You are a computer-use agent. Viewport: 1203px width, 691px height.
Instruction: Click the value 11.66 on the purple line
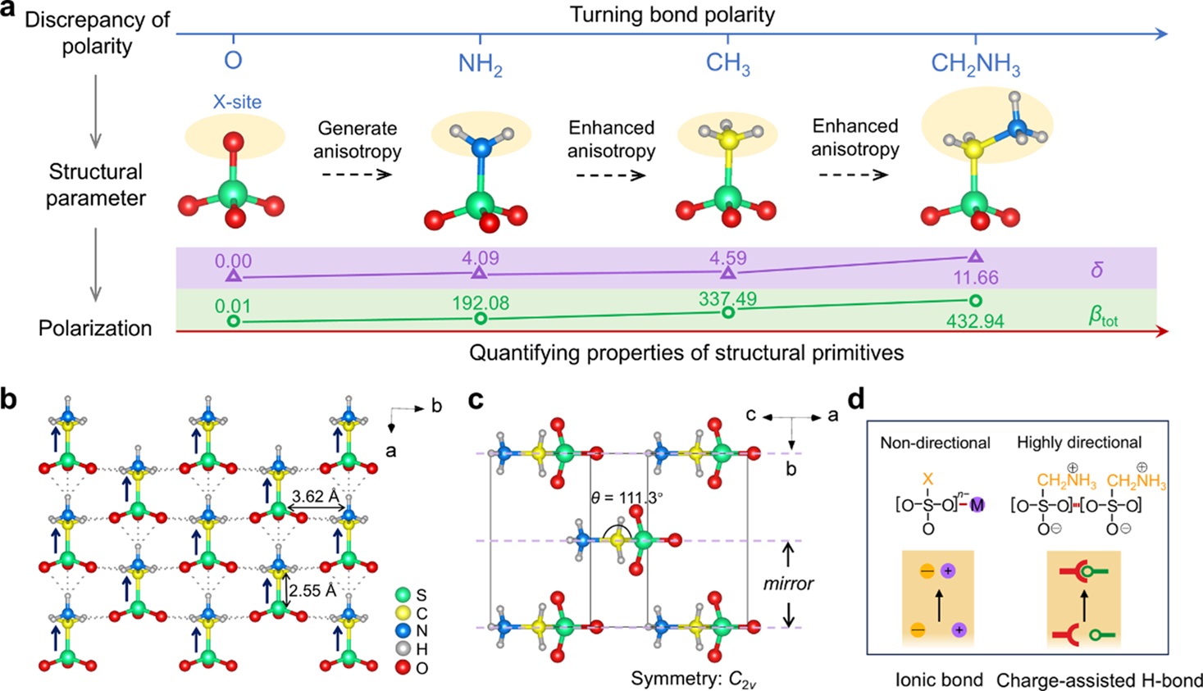click(975, 278)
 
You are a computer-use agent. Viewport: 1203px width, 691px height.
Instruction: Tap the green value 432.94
click(975, 321)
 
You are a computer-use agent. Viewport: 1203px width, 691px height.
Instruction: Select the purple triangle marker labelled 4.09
click(480, 273)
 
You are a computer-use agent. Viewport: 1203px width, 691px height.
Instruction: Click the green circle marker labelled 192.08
click(481, 318)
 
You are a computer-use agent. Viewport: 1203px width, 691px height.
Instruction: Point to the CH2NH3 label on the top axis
click(975, 64)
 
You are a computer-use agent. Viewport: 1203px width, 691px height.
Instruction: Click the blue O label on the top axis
click(233, 61)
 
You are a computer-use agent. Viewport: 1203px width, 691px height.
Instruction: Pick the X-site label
click(237, 102)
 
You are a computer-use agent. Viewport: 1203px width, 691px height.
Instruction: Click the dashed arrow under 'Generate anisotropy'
click(357, 175)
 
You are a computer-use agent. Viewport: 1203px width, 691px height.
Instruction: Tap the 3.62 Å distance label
click(315, 496)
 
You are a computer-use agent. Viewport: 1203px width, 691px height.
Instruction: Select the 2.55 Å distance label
click(312, 590)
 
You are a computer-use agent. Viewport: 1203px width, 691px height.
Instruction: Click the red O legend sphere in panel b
click(403, 668)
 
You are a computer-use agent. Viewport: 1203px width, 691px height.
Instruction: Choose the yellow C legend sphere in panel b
click(403, 613)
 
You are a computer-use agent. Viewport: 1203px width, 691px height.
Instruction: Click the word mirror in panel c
click(788, 584)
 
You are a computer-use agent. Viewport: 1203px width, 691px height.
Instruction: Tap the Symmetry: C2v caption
click(693, 680)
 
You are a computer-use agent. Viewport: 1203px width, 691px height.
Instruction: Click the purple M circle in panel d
click(977, 506)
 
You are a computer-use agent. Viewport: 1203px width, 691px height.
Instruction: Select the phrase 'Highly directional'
click(1078, 443)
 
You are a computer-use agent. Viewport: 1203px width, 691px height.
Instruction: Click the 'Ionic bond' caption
click(939, 680)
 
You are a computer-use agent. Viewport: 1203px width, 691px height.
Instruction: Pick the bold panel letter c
click(476, 401)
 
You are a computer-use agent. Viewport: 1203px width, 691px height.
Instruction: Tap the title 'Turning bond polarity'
click(672, 15)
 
